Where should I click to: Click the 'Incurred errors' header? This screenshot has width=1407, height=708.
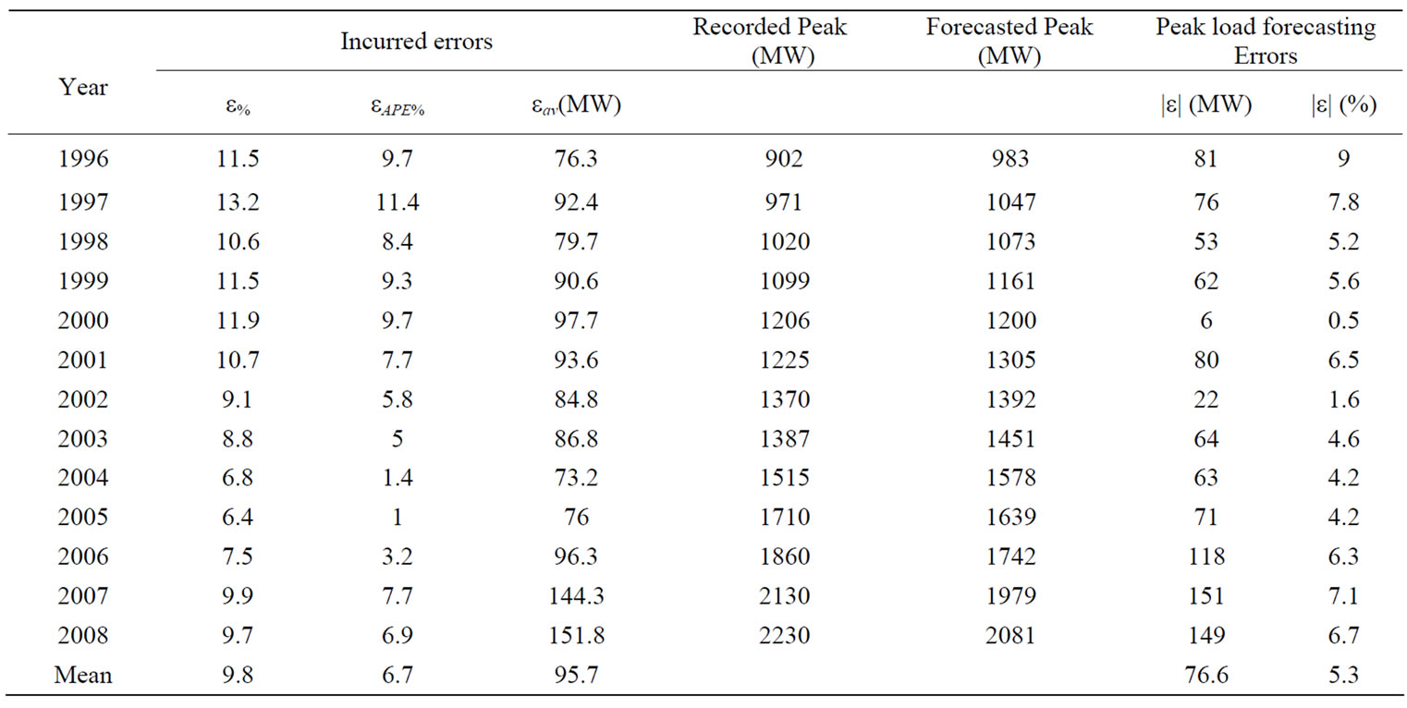click(416, 42)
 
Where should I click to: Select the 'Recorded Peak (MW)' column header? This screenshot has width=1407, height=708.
click(769, 42)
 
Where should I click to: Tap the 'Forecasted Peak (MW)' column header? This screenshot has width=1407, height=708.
click(1009, 42)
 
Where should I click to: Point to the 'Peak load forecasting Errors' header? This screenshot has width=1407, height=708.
click(1266, 42)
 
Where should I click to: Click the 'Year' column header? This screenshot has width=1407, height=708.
click(83, 88)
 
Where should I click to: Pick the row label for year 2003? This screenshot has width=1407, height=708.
click(83, 438)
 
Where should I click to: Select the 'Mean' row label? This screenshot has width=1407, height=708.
click(83, 676)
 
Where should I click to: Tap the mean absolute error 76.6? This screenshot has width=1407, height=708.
click(1205, 676)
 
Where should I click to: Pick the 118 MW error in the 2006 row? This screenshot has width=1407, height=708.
click(1205, 556)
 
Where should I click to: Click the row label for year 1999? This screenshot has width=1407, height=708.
click(83, 280)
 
